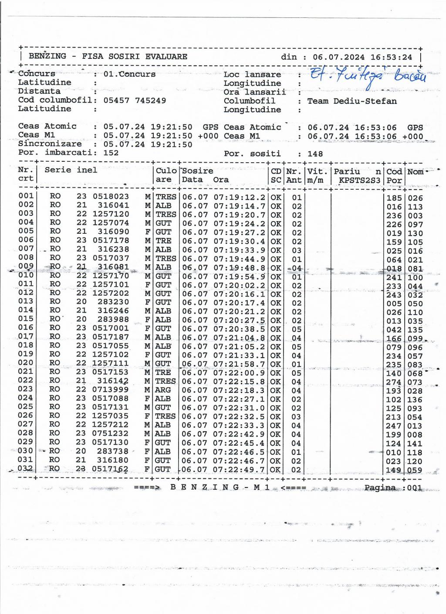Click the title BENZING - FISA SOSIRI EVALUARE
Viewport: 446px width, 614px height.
(108, 56)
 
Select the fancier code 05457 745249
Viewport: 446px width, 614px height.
(135, 100)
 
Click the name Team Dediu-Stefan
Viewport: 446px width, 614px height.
(352, 101)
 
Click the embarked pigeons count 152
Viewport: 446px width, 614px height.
(111, 153)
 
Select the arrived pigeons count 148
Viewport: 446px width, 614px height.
(315, 153)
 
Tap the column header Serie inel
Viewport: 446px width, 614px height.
(71, 170)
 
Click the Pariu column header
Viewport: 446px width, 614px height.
(347, 171)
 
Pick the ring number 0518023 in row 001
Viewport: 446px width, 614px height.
(111, 197)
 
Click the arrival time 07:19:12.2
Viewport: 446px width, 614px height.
(239, 198)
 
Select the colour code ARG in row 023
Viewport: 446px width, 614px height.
(163, 390)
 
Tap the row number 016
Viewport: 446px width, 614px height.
(26, 327)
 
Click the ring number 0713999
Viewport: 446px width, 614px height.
(111, 390)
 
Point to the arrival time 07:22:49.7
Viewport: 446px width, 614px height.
(239, 470)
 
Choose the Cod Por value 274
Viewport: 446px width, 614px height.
(394, 382)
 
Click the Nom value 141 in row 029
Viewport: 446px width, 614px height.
(415, 443)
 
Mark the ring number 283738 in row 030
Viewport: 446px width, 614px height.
(112, 451)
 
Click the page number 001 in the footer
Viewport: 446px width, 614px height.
(415, 488)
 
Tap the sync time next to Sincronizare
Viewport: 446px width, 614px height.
(148, 144)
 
